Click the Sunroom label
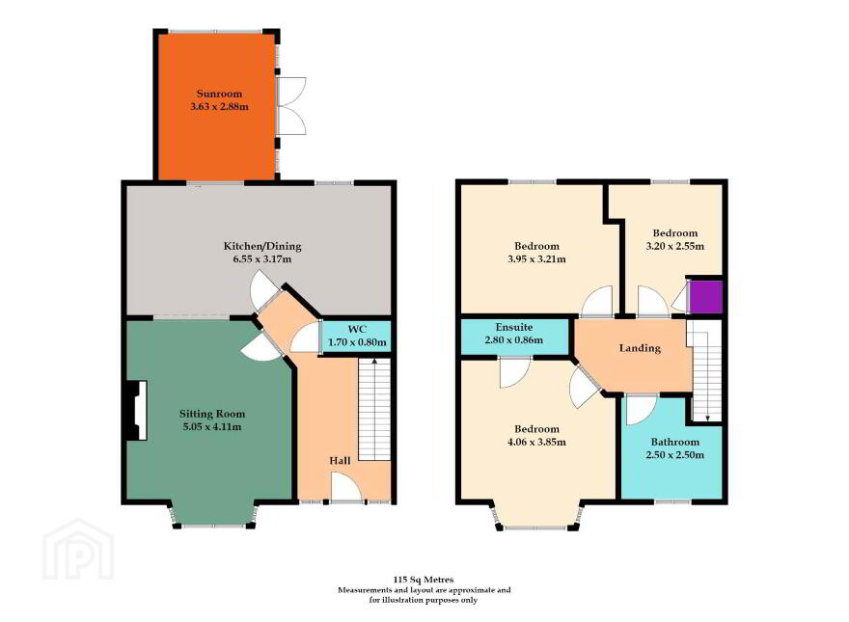(219, 94)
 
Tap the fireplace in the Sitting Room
(136, 411)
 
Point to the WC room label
(357, 329)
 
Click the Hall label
(340, 461)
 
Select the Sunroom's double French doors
(291, 105)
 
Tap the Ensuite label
(514, 328)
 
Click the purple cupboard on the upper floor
(706, 297)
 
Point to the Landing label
(640, 348)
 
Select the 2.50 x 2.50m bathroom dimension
(675, 455)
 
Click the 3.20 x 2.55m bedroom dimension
(675, 246)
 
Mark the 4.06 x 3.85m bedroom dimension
(536, 443)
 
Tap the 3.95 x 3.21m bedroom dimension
(536, 259)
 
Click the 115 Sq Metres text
(424, 580)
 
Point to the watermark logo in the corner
(78, 549)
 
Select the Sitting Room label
(212, 414)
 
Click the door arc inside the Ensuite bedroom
(514, 373)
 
